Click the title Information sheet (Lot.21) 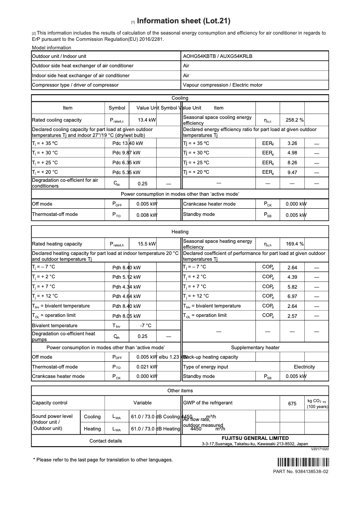pyautogui.click(x=184, y=21)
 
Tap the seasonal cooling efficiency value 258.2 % pyautogui.click(x=294, y=120)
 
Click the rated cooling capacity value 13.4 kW pyautogui.click(x=147, y=120)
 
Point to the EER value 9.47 pyautogui.click(x=292, y=172)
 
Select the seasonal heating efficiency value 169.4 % pyautogui.click(x=294, y=244)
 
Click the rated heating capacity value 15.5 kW pyautogui.click(x=147, y=244)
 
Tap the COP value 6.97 pyautogui.click(x=292, y=296)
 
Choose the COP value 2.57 pyautogui.click(x=292, y=316)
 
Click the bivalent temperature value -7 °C pyautogui.click(x=145, y=325)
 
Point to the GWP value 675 pyautogui.click(x=292, y=404)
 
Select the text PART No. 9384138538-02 pyautogui.click(x=301, y=472)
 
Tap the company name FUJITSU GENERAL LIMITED pyautogui.click(x=255, y=438)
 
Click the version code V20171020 pyautogui.click(x=320, y=449)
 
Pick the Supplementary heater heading pyautogui.click(x=255, y=347)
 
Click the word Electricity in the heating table pyautogui.click(x=304, y=367)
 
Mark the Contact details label pyautogui.click(x=105, y=441)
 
